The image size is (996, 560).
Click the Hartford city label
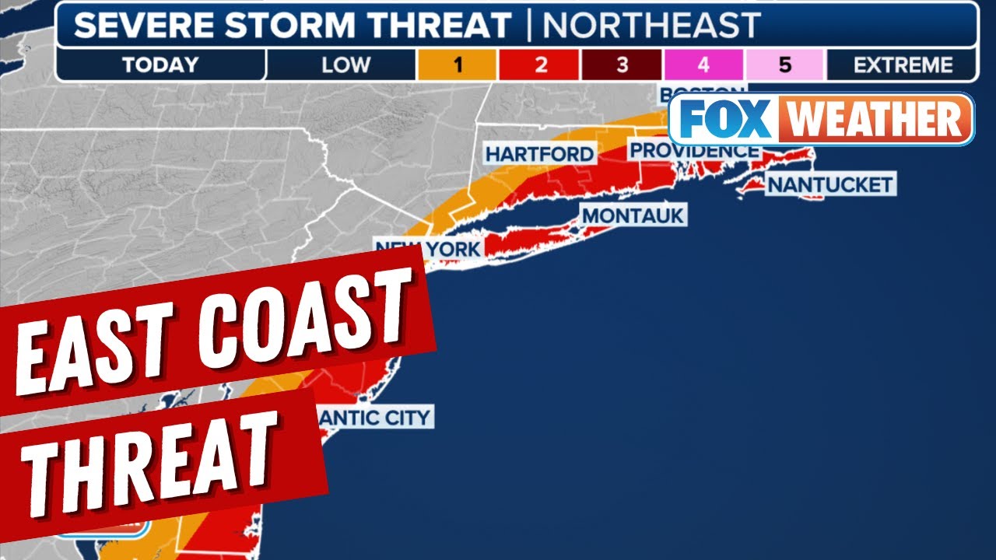tap(539, 154)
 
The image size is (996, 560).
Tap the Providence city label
tap(693, 150)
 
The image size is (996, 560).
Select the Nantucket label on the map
tap(829, 185)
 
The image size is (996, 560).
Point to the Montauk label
tap(633, 215)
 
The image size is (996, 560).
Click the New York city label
tap(427, 248)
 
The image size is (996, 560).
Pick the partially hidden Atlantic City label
tap(376, 417)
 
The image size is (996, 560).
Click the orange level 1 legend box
tap(457, 65)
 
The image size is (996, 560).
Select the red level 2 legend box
tap(540, 65)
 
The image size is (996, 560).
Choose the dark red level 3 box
tap(622, 65)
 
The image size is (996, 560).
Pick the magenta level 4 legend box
tap(703, 65)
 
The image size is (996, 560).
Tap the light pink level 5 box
tap(784, 65)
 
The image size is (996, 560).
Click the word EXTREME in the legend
tap(903, 65)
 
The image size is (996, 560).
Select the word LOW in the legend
tap(342, 65)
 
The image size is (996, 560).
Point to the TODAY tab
tap(160, 65)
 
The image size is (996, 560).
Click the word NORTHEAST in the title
tap(651, 26)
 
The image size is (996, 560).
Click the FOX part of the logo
tap(721, 119)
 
